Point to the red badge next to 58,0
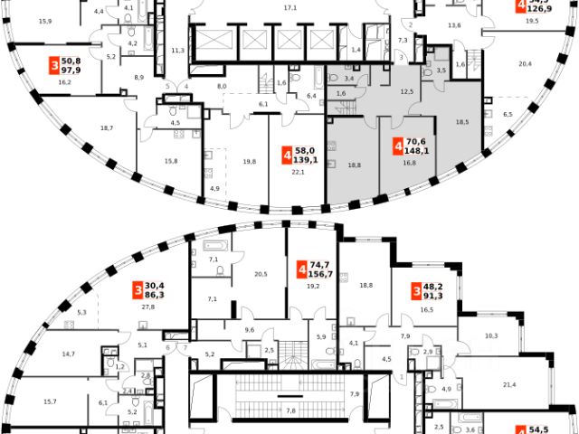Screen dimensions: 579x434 coord(287,156)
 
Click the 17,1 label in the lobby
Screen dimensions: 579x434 coord(289,8)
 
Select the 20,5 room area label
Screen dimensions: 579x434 coord(261,274)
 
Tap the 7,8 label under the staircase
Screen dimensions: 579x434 coord(289,411)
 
